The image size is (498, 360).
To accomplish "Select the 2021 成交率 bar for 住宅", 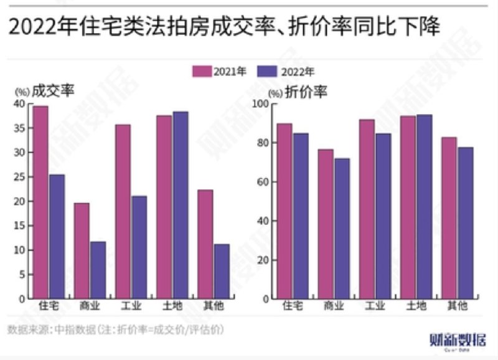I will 40,202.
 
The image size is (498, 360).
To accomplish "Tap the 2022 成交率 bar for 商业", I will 98,270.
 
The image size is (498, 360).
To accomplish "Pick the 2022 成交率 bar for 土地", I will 180,205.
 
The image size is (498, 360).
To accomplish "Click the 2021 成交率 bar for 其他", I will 205,244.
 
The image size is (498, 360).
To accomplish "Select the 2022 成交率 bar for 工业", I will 139,247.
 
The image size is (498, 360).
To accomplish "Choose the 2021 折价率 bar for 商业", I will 326,224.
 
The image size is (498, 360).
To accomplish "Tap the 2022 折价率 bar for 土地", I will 424,206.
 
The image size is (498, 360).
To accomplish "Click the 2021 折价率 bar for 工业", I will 367,209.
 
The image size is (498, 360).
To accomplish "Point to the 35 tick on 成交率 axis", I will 19,128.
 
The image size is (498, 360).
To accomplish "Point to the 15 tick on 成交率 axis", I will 19,226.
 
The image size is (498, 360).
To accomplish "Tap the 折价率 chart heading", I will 306,91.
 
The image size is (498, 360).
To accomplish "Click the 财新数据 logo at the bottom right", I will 458,340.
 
